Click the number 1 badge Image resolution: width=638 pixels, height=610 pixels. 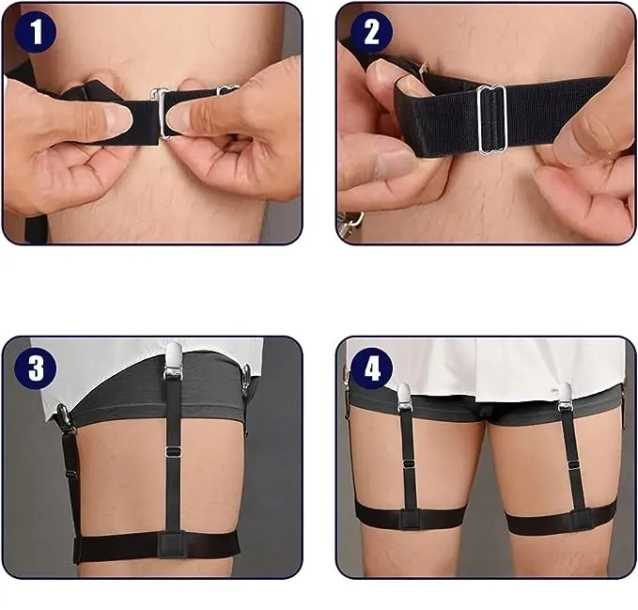tap(35, 32)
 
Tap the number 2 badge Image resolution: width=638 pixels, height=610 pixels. tap(371, 32)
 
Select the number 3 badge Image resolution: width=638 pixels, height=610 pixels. tap(35, 368)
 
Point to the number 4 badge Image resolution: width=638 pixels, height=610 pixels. tap(371, 368)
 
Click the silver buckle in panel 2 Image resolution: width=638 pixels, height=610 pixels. tap(492, 120)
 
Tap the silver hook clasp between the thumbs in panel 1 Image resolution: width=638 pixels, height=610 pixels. tap(162, 113)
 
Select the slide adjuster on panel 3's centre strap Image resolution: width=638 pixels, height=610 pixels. tap(174, 451)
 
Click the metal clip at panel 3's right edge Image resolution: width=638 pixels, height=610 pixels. tap(246, 382)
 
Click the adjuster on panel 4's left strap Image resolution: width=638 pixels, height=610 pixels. tap(409, 464)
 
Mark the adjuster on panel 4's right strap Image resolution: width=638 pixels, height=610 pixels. tap(574, 465)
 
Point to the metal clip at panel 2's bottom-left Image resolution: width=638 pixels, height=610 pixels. tap(351, 222)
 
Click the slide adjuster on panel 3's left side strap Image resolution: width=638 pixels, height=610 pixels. tap(70, 475)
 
